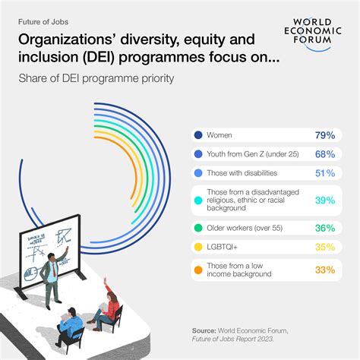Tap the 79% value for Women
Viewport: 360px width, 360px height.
[x=325, y=135]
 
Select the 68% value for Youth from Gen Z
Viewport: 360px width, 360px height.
[x=325, y=154]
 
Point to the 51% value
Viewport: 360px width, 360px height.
[x=325, y=173]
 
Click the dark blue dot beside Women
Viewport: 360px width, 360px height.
[x=198, y=135]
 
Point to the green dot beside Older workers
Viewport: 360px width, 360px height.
[x=198, y=226]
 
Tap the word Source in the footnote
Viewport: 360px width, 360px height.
[x=207, y=332]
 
